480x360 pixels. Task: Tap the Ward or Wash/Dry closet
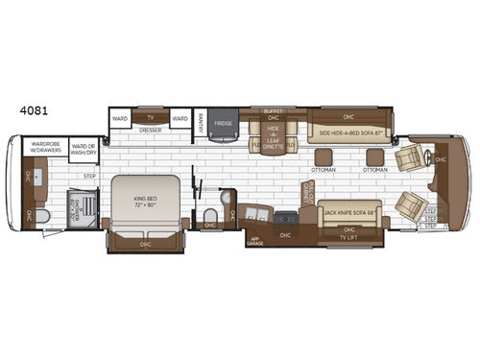(x=84, y=146)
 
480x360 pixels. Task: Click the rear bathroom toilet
(x=209, y=213)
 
